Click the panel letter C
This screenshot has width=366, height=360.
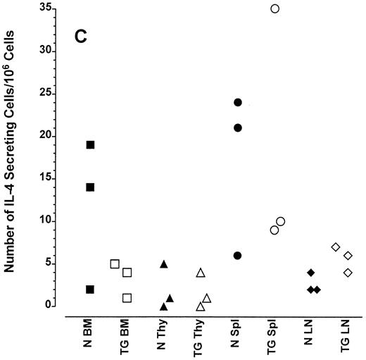81,36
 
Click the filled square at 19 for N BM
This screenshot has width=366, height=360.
91,144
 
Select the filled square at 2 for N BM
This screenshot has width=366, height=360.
91,289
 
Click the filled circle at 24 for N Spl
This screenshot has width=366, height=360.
238,102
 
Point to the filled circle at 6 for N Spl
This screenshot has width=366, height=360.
238,255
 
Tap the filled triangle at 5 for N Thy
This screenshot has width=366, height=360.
164,264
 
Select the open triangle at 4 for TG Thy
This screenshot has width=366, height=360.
201,273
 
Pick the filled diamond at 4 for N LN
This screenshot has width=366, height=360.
310,272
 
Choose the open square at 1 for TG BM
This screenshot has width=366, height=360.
127,297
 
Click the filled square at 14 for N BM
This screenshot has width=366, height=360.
91,187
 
